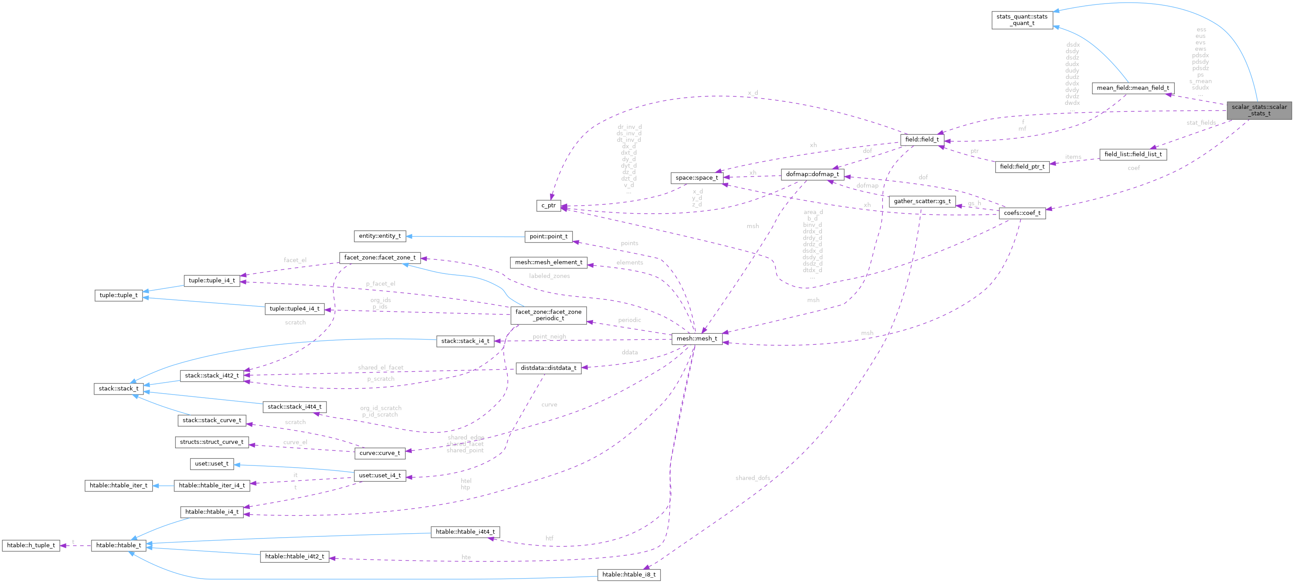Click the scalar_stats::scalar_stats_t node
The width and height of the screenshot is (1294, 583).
(1259, 110)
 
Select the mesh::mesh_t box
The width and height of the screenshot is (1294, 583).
(697, 339)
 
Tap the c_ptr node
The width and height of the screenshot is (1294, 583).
(549, 206)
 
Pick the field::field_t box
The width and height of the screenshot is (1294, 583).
(922, 140)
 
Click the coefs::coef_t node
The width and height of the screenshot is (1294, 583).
(1022, 213)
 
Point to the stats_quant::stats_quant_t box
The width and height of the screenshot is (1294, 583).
(1022, 20)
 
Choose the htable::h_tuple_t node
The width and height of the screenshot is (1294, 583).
(31, 545)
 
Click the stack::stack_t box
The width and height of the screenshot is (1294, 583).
(118, 388)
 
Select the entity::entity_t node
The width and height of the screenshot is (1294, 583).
(380, 236)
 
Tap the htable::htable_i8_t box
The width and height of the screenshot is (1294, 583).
(628, 575)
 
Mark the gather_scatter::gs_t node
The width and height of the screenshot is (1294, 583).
(922, 202)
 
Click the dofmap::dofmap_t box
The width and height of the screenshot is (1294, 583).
(812, 174)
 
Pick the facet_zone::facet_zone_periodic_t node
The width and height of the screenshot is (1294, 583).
(548, 315)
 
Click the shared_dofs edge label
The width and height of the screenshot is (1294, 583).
(752, 478)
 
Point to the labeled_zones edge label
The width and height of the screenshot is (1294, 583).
(549, 276)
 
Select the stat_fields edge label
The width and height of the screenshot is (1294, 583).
(1201, 122)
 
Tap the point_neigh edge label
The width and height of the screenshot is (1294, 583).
(549, 337)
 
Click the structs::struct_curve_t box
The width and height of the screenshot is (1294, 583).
(212, 442)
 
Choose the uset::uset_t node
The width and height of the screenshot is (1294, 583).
(212, 464)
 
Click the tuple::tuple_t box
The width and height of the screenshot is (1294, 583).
(118, 295)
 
